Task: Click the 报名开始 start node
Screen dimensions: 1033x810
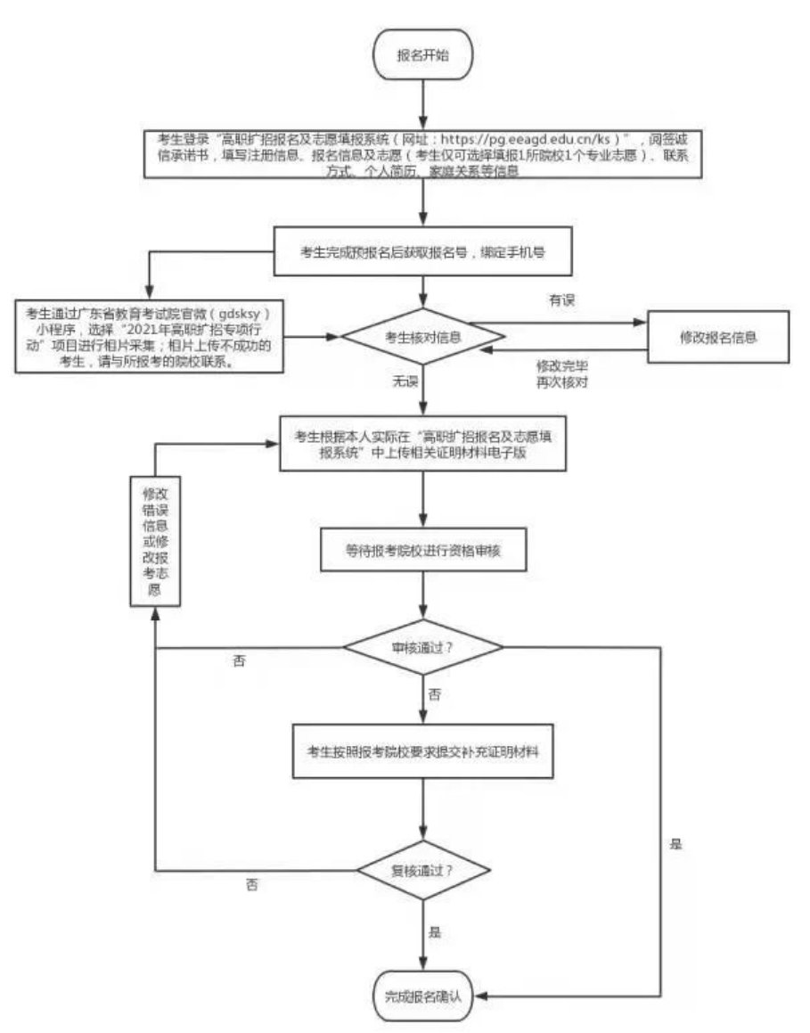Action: coord(422,55)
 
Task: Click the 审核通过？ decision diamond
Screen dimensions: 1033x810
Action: coord(423,647)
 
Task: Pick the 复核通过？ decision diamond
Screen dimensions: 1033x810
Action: coord(423,869)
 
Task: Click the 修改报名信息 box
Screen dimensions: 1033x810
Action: coord(717,337)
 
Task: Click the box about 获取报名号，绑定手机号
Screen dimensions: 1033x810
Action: coord(422,251)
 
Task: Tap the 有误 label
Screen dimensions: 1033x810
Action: coord(560,300)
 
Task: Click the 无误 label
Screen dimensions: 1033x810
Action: coord(405,381)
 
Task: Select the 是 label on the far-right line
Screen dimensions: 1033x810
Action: coord(675,843)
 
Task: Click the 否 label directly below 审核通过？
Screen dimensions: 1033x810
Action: coord(434,693)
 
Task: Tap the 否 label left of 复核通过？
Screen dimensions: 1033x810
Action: coord(252,885)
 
